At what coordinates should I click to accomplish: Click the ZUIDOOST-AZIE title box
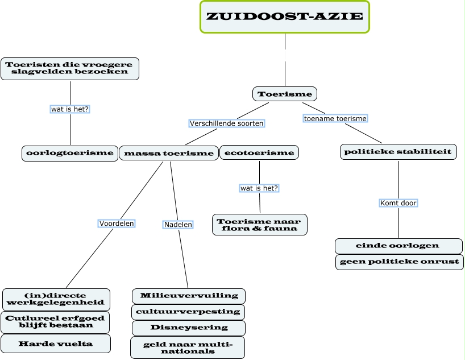[x=285, y=16]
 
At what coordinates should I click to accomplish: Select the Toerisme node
[x=284, y=94]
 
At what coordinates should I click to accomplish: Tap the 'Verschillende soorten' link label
[x=227, y=123]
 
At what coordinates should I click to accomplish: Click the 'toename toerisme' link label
[x=335, y=119]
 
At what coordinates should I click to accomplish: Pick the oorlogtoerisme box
[x=69, y=153]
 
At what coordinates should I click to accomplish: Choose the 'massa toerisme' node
[x=168, y=153]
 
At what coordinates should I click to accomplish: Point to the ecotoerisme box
[x=259, y=152]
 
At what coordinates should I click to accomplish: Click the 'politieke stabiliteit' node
[x=398, y=152]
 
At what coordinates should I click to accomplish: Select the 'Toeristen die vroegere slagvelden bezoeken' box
[x=69, y=68]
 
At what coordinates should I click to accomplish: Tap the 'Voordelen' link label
[x=117, y=224]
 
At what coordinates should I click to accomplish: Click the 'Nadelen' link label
[x=178, y=225]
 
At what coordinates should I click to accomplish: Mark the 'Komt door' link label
[x=398, y=203]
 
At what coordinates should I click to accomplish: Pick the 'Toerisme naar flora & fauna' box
[x=260, y=224]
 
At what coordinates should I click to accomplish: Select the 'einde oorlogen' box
[x=398, y=246]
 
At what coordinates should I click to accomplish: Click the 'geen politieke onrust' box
[x=398, y=262]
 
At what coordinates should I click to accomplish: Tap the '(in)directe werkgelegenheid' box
[x=56, y=299]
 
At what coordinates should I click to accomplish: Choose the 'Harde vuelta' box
[x=55, y=344]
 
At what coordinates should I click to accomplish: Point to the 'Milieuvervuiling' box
[x=189, y=296]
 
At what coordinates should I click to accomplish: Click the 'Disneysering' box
[x=189, y=328]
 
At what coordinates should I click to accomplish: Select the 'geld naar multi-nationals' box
[x=188, y=347]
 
